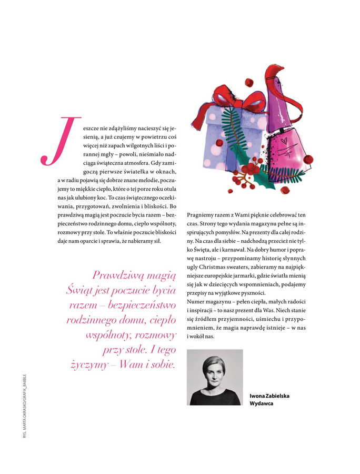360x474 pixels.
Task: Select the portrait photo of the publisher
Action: [x=215, y=377]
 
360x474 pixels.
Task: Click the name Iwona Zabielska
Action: [x=269, y=396]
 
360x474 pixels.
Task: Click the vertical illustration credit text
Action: [x=24, y=407]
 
